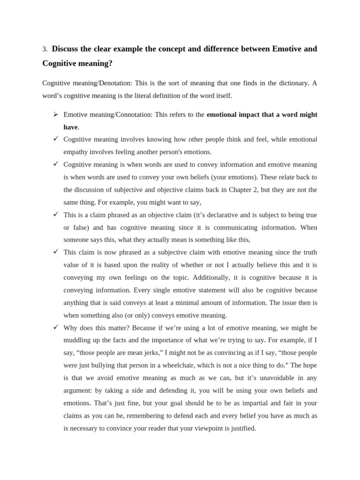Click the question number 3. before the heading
[x=45, y=49]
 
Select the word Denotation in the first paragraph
[x=115, y=83]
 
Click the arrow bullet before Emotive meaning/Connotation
[x=55, y=114]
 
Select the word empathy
[x=76, y=152]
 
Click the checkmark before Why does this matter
[x=55, y=327]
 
